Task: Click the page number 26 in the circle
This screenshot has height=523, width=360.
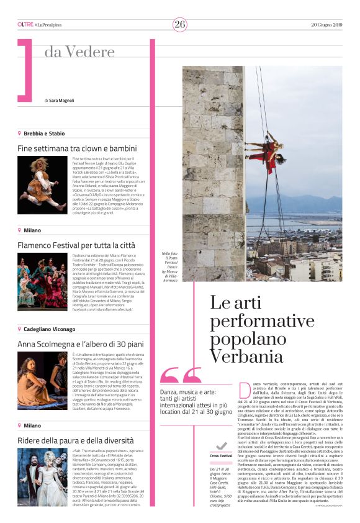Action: [x=180, y=24]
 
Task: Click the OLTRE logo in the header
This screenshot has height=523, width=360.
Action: [x=25, y=24]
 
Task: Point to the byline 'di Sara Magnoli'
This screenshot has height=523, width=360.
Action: [x=60, y=100]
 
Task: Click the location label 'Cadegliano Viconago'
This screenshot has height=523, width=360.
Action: [x=49, y=329]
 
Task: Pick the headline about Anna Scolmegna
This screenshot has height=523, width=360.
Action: [x=80, y=343]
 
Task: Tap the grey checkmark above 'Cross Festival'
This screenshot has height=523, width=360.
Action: [x=221, y=445]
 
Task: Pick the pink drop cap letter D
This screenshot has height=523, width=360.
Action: [x=244, y=390]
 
